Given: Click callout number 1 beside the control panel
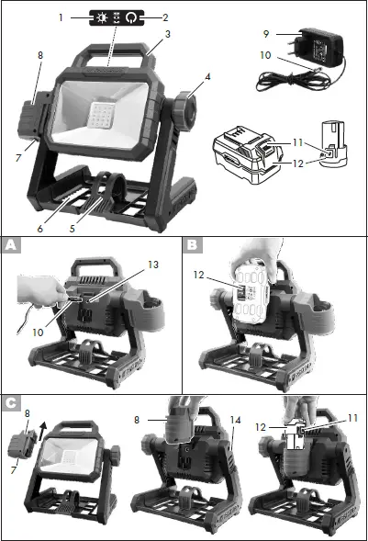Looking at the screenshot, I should [61, 17].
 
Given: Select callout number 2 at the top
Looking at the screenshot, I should [166, 17].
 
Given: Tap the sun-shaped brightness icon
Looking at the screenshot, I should [95, 17].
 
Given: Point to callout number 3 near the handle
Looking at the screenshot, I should [167, 35].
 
